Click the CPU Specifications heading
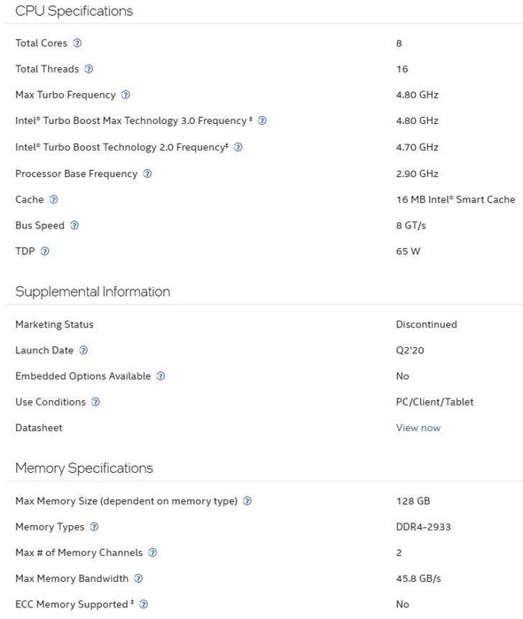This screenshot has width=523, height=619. click(74, 12)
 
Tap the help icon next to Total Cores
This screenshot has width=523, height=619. click(77, 43)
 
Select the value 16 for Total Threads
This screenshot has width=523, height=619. click(402, 69)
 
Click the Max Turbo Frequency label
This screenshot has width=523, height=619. click(66, 95)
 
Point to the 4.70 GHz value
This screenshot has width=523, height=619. click(417, 147)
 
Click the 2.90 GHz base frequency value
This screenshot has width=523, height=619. click(417, 174)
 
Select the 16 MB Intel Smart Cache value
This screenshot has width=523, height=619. click(455, 199)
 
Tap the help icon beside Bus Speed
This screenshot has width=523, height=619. click(74, 225)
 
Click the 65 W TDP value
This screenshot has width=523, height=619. click(408, 251)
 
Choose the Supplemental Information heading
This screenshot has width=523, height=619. click(92, 291)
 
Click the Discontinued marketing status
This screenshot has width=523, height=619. click(426, 324)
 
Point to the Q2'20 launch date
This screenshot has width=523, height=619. click(410, 351)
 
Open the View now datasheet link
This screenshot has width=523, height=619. click(418, 428)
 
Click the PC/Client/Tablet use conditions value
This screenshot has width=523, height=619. click(434, 402)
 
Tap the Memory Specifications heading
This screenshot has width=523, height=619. click(84, 468)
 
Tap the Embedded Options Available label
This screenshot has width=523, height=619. click(83, 376)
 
